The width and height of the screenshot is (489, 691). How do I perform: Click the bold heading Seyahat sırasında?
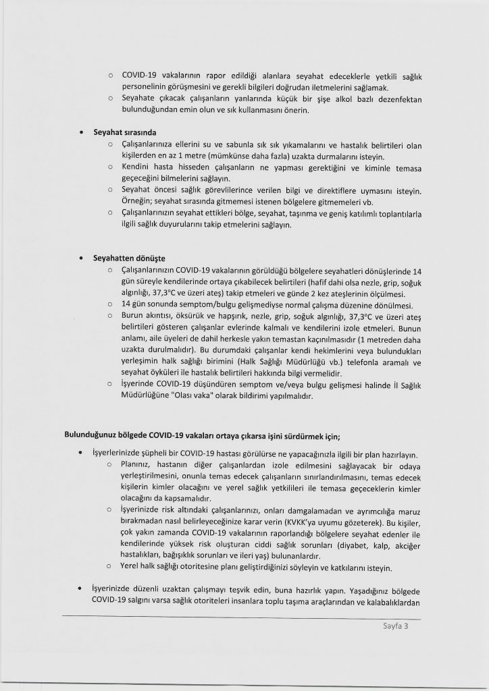[x=124, y=132]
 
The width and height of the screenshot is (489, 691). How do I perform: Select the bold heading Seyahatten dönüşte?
[x=129, y=258]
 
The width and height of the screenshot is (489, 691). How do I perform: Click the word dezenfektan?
[x=398, y=99]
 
